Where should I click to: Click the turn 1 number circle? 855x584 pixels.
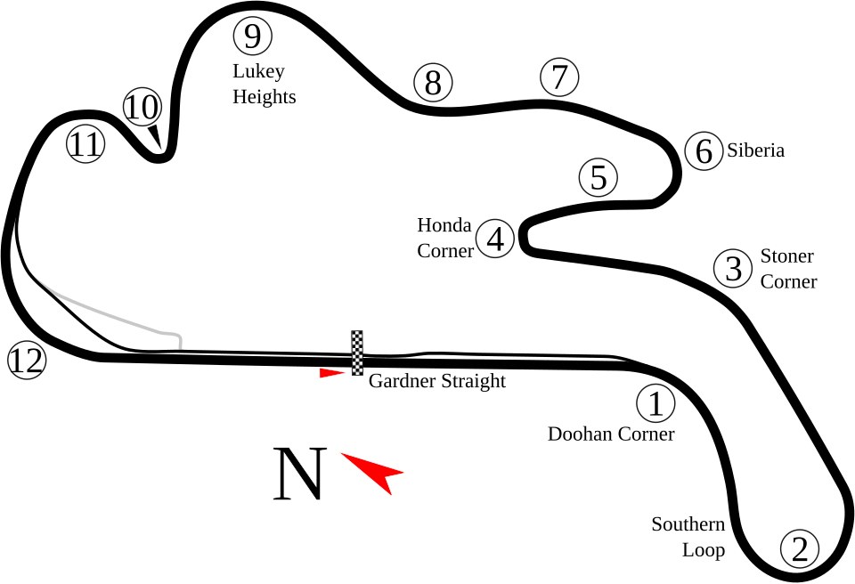click(655, 405)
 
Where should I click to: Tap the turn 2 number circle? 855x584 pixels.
click(799, 548)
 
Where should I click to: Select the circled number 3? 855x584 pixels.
click(733, 268)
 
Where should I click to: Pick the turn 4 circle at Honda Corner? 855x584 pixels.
click(495, 239)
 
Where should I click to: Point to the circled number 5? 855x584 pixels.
click(598, 177)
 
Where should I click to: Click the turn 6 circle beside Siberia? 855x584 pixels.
click(704, 151)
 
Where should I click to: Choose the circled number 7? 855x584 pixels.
click(558, 77)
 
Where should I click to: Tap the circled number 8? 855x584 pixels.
click(433, 84)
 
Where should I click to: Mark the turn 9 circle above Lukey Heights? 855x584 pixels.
click(252, 37)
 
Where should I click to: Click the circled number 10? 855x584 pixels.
click(141, 108)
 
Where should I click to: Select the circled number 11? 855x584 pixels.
click(86, 144)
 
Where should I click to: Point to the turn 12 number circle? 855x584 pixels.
click(26, 361)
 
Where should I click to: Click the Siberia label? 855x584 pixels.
click(755, 150)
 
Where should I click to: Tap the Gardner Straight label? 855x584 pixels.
click(437, 381)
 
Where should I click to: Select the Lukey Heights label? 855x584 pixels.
click(263, 85)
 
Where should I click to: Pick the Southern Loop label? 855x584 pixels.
click(689, 537)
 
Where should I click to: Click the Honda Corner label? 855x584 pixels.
click(444, 238)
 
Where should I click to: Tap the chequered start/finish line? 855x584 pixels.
click(357, 353)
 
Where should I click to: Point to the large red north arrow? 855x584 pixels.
click(375, 469)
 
